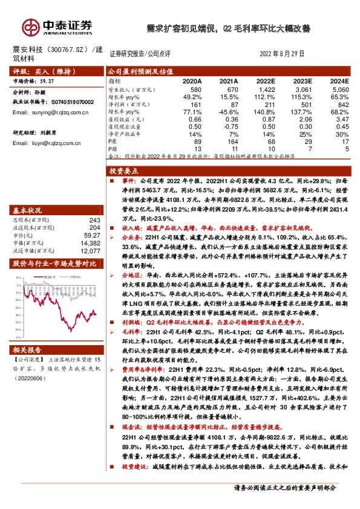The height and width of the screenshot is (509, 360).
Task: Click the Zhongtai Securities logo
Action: pos(57,26)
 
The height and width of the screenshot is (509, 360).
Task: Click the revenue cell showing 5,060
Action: pos(339,89)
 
